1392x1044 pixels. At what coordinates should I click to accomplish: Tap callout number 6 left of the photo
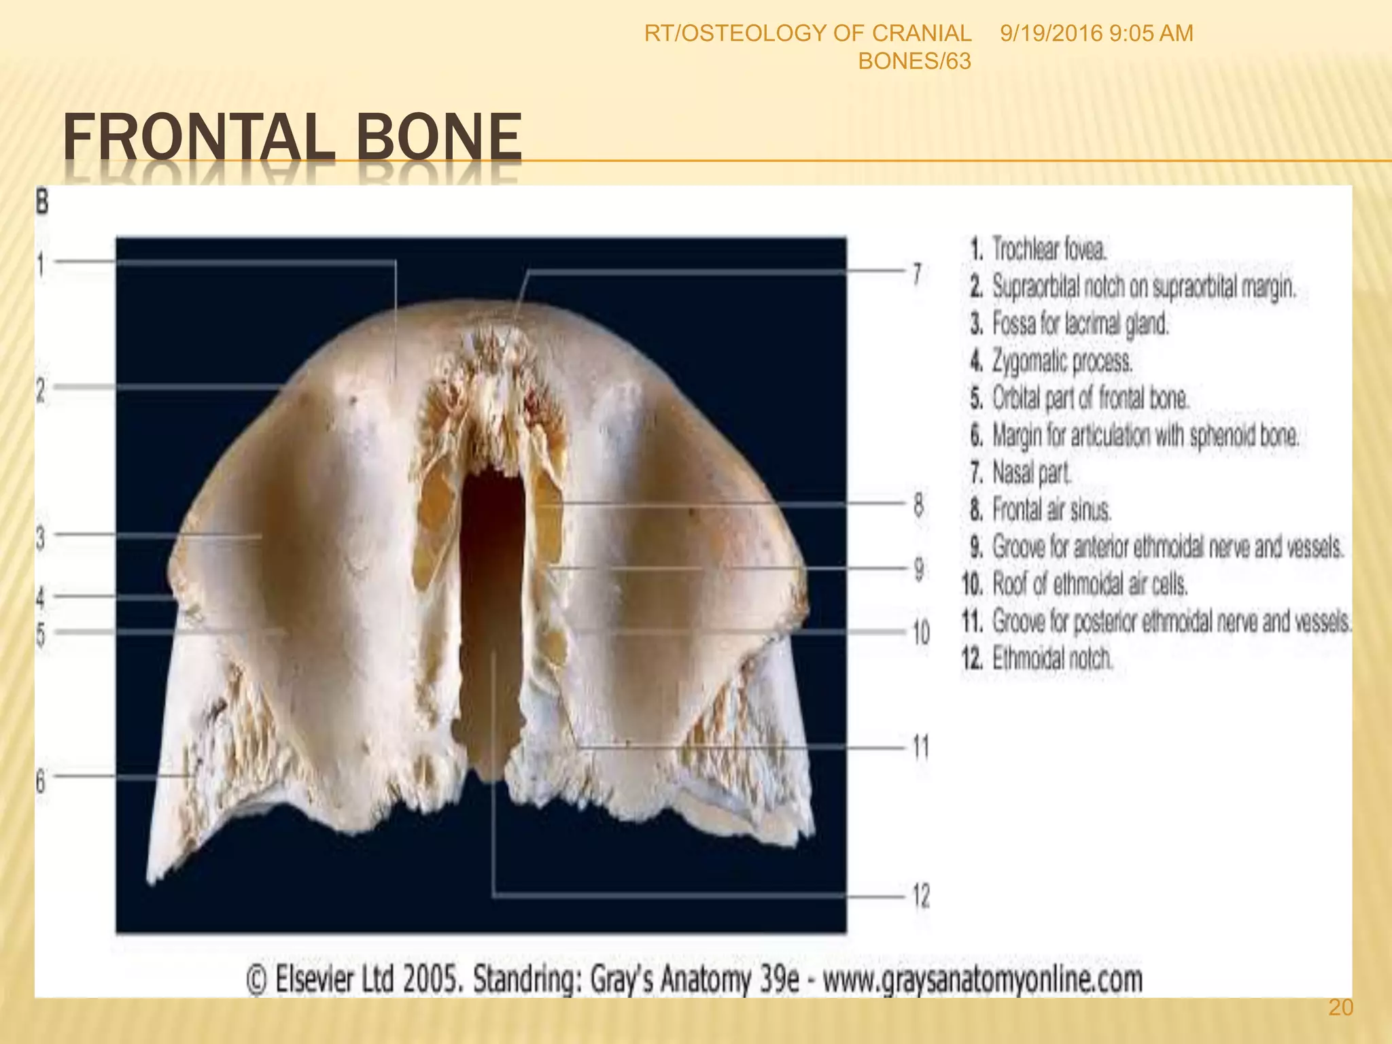click(41, 782)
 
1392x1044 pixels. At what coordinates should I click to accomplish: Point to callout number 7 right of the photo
click(917, 275)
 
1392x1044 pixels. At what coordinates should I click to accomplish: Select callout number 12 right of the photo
click(920, 896)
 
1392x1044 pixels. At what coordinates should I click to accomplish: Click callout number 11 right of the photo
click(920, 748)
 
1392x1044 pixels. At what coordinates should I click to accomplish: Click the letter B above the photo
click(42, 202)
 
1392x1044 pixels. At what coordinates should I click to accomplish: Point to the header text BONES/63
click(914, 62)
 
